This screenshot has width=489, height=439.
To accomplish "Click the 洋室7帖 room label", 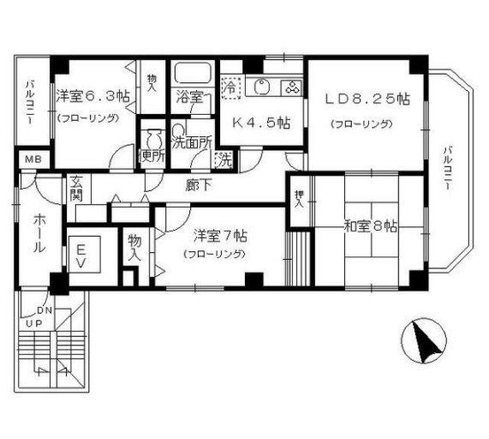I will coord(220,234).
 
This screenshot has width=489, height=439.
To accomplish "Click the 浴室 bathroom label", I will coord(190,97).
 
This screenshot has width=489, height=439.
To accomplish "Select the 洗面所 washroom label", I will coord(190,143).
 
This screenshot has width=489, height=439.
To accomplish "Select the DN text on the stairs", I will coord(45,310).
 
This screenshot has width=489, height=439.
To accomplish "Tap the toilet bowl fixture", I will coord(154,138).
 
